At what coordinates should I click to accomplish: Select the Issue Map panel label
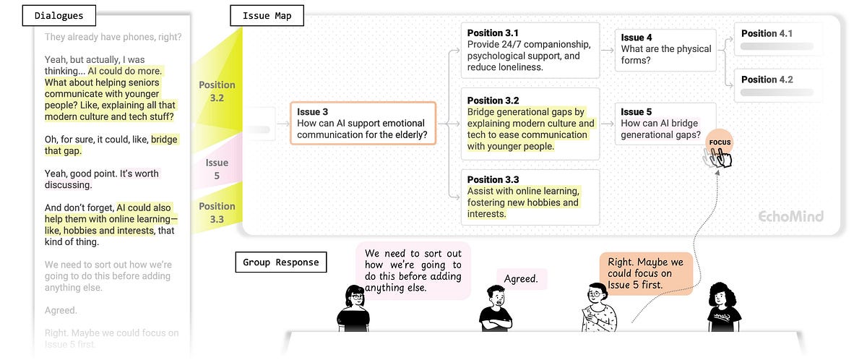click(x=267, y=14)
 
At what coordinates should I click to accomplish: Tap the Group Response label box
click(x=281, y=262)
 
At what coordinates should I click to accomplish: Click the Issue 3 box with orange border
click(x=363, y=123)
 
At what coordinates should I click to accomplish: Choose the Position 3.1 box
click(x=530, y=50)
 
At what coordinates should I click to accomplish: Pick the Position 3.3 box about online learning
click(x=530, y=197)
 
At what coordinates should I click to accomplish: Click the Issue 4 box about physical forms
click(x=665, y=50)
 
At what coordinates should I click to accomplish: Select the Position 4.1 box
click(x=778, y=39)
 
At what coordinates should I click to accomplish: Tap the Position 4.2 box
click(x=778, y=85)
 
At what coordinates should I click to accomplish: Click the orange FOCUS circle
click(x=720, y=142)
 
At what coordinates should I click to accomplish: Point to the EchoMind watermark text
click(x=790, y=216)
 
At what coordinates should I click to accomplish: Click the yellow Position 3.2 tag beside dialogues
click(x=217, y=91)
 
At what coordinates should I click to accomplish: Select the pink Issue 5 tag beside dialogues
click(x=217, y=168)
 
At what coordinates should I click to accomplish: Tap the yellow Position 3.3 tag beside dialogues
click(x=217, y=213)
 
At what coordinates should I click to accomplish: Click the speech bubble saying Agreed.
click(x=522, y=278)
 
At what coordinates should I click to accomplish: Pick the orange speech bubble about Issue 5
click(x=645, y=273)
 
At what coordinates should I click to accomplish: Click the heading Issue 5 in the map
click(x=637, y=111)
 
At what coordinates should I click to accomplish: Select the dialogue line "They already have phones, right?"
click(x=112, y=37)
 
